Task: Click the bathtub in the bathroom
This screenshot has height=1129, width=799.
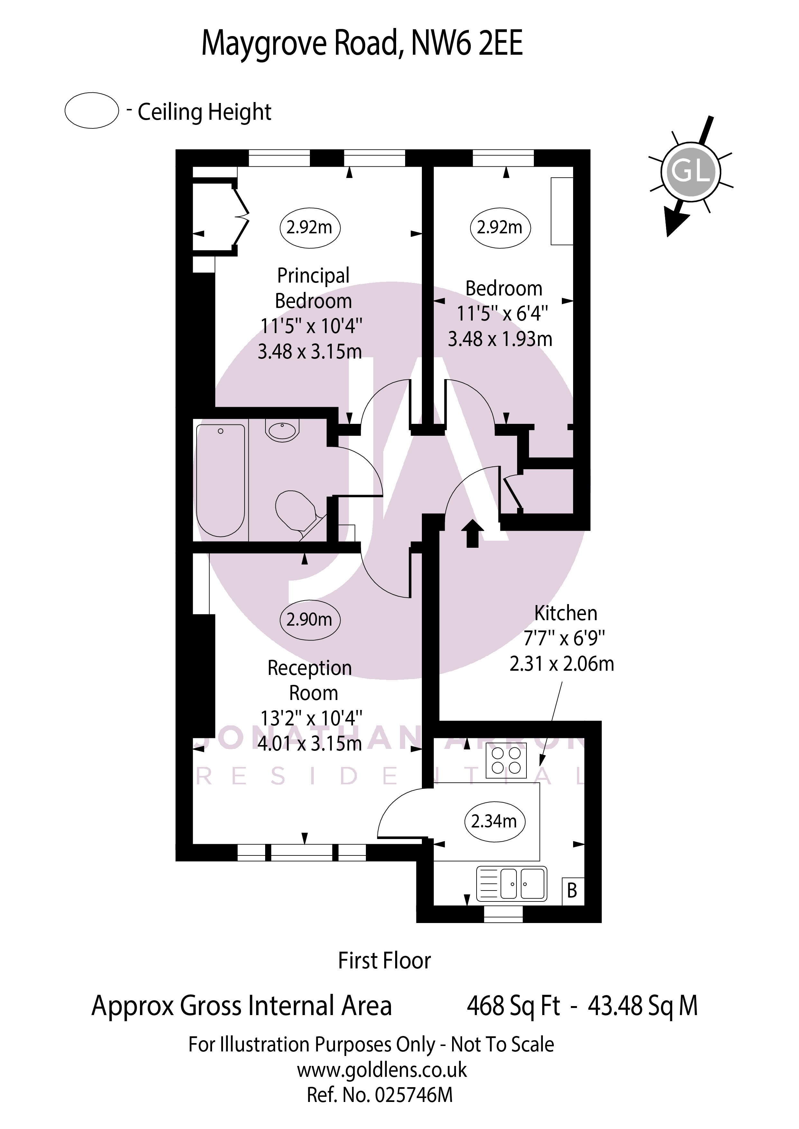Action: point(220,480)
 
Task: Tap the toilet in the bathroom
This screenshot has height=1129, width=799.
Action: point(297,512)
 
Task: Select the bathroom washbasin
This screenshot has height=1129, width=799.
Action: point(282,430)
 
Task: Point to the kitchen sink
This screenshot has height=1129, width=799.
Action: point(512,883)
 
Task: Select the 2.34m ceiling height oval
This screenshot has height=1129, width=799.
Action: point(495,821)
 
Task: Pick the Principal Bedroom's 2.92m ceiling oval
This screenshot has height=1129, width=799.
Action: point(310,227)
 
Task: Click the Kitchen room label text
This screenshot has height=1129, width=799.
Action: point(566,613)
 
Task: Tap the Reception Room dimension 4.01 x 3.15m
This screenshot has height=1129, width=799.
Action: point(310,743)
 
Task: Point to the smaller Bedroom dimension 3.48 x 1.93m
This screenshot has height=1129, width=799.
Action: point(500,339)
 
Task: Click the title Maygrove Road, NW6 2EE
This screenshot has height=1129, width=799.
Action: point(362,43)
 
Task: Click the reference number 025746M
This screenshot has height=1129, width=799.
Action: point(380,1095)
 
